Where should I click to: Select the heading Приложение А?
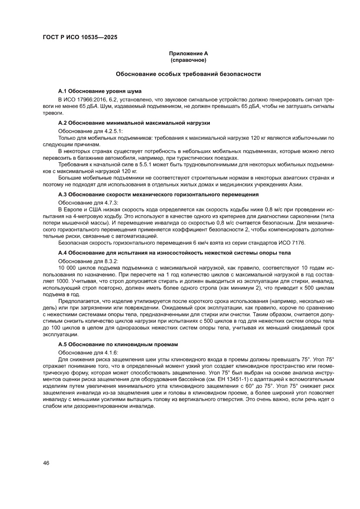188,54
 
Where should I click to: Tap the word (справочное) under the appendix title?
188,60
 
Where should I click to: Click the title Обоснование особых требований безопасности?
188,74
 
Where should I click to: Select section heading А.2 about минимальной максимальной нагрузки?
134,123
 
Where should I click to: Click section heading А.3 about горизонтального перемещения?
158,194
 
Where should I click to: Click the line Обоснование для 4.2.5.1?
91,131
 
